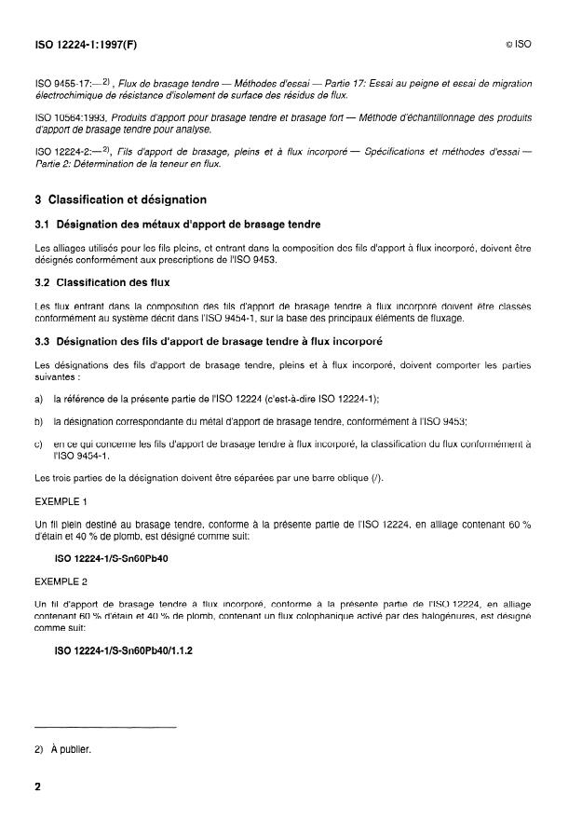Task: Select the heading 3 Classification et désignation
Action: (x=120, y=199)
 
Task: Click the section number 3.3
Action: (x=43, y=341)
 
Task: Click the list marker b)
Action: (x=38, y=421)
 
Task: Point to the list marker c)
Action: (x=38, y=444)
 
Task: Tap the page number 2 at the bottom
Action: (x=38, y=787)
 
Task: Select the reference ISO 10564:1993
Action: (x=71, y=116)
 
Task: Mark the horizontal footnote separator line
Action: (x=104, y=726)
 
